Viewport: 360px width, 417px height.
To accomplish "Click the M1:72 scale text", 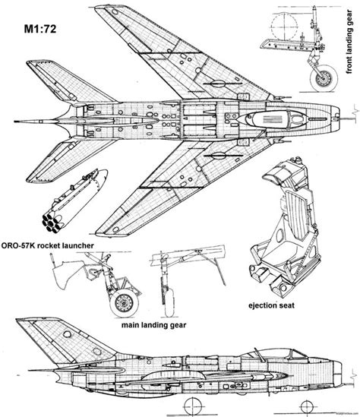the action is [x=40, y=29].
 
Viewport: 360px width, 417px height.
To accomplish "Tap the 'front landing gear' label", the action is [x=349, y=42].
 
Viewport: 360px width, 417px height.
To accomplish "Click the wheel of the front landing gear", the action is [x=324, y=78].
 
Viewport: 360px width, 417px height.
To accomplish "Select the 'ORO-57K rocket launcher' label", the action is [x=48, y=245].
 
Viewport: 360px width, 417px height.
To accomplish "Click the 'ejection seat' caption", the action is [x=271, y=305].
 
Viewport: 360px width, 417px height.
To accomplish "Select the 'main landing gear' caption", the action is [x=153, y=325].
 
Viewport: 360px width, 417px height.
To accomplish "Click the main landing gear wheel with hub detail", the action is [x=125, y=303].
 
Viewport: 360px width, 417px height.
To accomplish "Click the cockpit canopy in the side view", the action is [x=276, y=353].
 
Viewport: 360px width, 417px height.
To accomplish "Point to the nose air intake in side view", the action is [x=338, y=372].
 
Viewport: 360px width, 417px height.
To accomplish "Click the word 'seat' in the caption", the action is [x=286, y=305].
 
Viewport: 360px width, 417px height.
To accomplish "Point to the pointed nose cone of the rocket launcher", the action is [x=102, y=178].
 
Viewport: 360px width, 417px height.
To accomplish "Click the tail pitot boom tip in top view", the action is [x=16, y=122].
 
